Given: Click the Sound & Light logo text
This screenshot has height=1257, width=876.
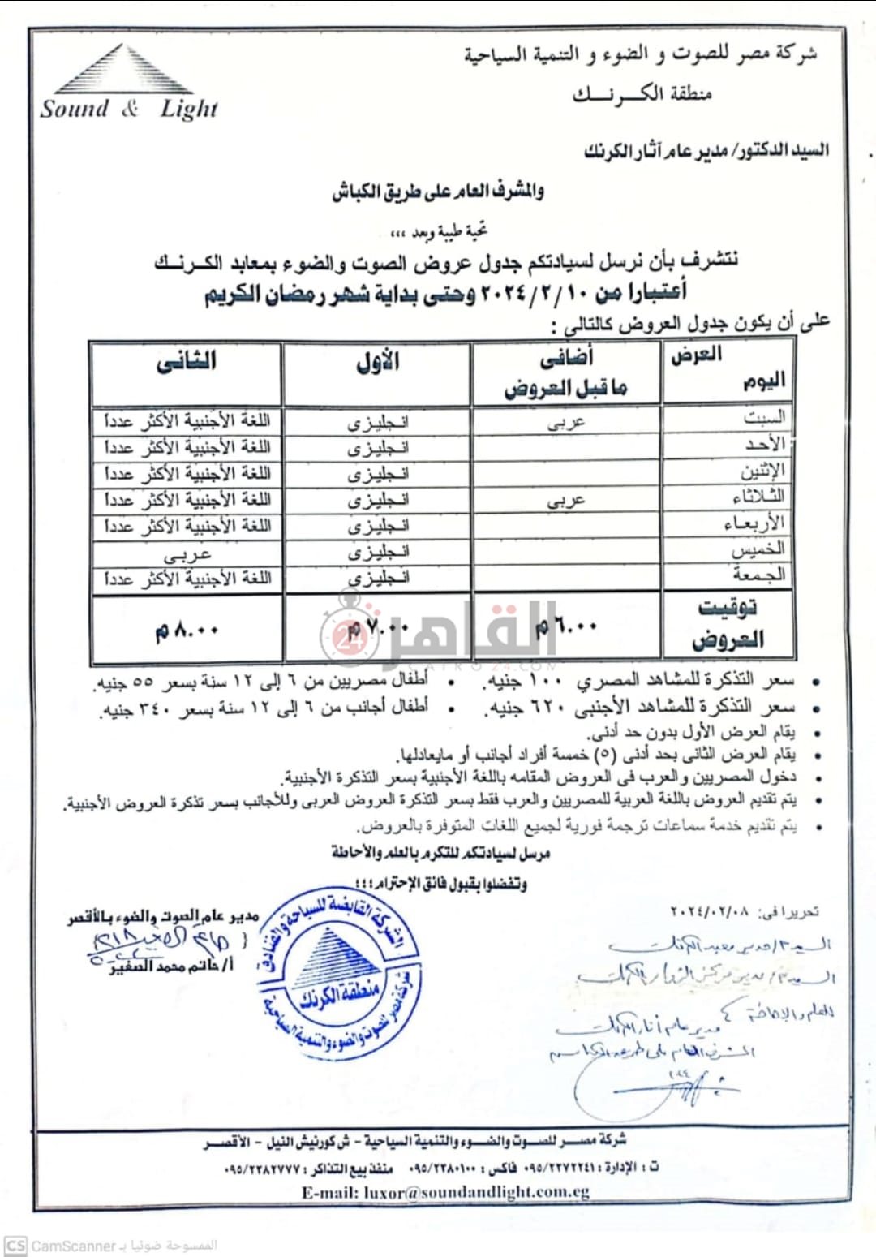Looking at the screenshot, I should coord(129,108).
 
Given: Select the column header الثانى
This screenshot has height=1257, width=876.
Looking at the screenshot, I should coord(186,361).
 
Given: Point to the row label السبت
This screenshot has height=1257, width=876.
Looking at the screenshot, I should coord(763,418).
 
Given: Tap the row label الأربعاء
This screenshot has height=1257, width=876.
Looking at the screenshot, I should coord(754,523).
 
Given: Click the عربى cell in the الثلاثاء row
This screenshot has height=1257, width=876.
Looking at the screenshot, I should coord(565,500).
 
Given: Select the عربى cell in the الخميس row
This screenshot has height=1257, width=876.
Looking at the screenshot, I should coord(187,553).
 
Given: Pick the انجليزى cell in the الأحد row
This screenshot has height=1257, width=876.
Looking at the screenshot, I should coord(378,447).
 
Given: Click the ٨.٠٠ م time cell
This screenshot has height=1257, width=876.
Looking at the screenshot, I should coord(187,630).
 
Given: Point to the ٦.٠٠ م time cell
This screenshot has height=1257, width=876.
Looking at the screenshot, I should coord(566,626).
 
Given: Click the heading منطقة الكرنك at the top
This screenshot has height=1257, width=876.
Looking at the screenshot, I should coord(642,93).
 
